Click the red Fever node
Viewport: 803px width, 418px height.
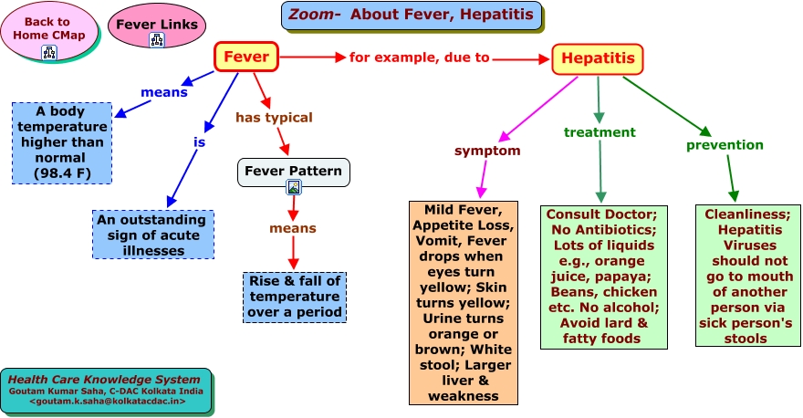pos(245,57)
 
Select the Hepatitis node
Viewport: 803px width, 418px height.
pos(597,58)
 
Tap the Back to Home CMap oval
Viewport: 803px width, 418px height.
pos(48,31)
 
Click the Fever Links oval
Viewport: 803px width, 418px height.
pos(157,26)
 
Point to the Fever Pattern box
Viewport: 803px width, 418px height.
pos(294,172)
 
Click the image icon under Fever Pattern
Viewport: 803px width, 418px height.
pos(294,187)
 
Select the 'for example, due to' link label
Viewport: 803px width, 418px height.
pos(420,57)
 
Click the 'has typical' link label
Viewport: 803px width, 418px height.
pos(274,118)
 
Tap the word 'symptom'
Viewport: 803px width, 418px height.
pos(487,151)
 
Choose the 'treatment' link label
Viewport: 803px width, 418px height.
pos(600,132)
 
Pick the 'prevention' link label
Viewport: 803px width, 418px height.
pos(725,145)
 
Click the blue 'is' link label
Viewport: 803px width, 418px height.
pos(199,141)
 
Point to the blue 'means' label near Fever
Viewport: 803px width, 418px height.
pos(164,92)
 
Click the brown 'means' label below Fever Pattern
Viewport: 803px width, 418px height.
pos(293,228)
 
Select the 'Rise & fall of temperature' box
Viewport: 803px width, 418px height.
pos(295,298)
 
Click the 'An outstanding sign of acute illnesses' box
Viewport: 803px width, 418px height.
pos(153,235)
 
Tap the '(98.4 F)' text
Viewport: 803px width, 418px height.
pos(62,173)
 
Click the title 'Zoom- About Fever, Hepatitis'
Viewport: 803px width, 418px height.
pos(412,15)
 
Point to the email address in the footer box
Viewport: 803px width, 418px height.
pos(108,401)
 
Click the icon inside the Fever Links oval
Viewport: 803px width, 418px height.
pos(157,40)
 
